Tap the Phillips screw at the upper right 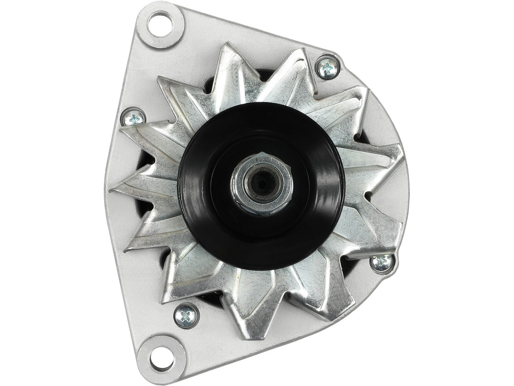click(327, 68)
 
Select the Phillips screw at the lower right click(382, 263)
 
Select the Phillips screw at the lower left click(186, 315)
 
